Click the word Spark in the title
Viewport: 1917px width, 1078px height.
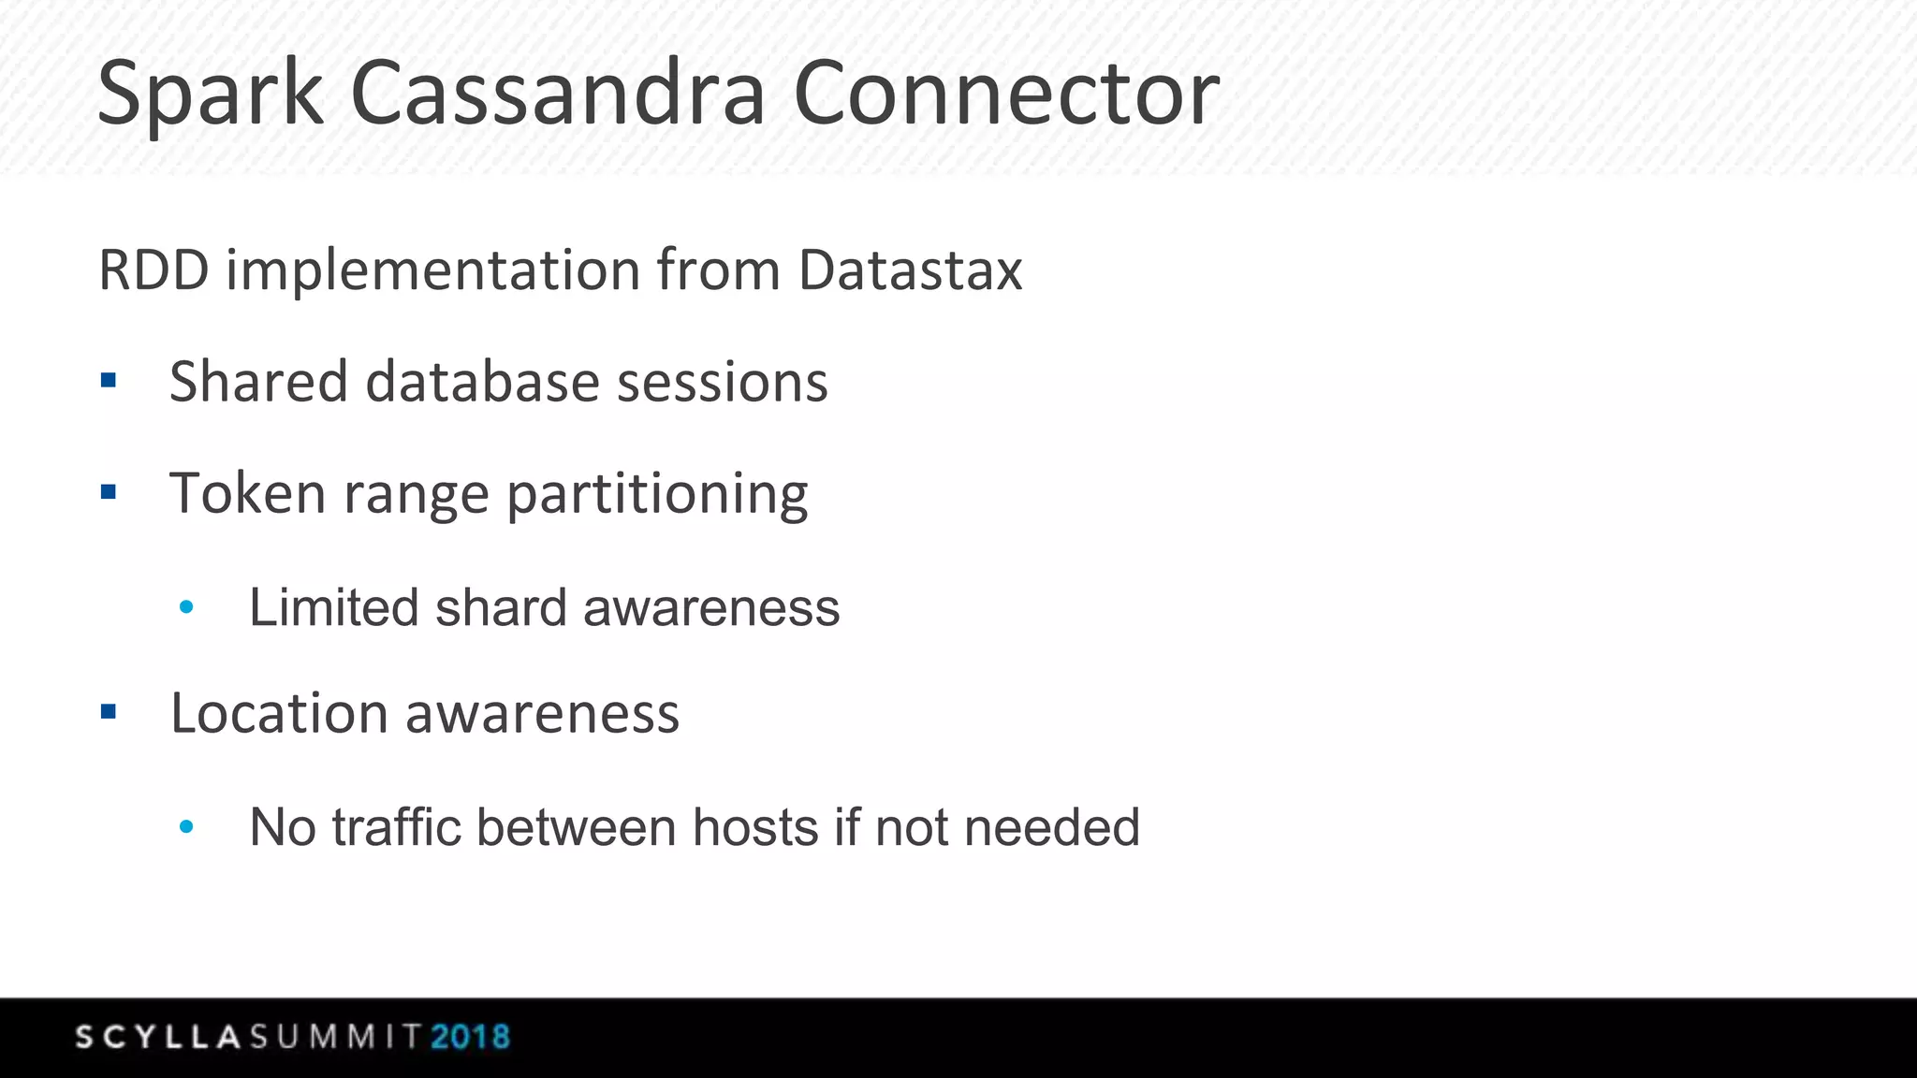[210, 95]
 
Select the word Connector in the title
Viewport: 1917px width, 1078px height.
[1006, 95]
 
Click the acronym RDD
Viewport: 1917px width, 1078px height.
[154, 271]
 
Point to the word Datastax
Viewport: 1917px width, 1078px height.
[910, 271]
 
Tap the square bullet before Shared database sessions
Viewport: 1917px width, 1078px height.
[109, 380]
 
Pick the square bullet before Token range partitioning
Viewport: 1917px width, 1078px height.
[109, 491]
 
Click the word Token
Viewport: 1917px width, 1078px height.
[247, 493]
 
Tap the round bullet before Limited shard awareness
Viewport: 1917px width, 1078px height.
[186, 607]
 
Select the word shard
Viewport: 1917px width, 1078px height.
[501, 607]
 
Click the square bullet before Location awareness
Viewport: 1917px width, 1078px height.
[109, 712]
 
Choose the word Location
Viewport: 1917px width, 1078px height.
[278, 713]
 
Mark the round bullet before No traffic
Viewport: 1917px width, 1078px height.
[186, 826]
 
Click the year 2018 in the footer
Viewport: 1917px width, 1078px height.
[470, 1037]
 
